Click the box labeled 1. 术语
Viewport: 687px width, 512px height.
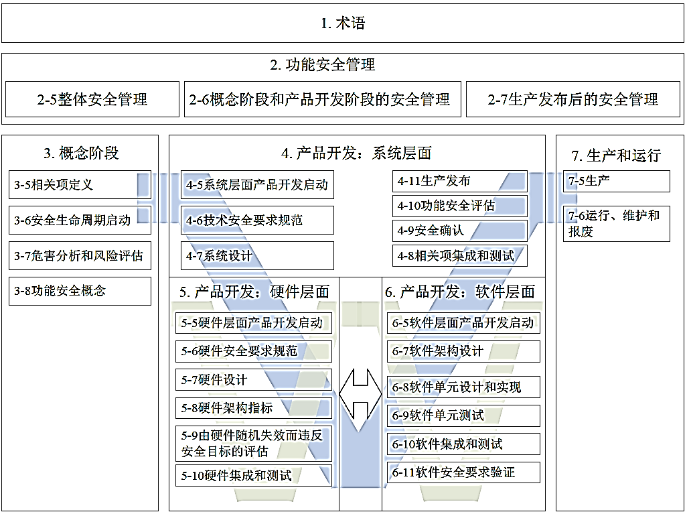pyautogui.click(x=343, y=23)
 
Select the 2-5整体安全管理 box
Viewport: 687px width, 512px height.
pyautogui.click(x=92, y=99)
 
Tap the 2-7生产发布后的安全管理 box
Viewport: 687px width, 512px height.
pyautogui.click(x=573, y=99)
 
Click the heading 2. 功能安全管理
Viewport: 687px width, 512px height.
pyautogui.click(x=323, y=65)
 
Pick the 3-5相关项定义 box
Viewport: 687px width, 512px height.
pyautogui.click(x=80, y=184)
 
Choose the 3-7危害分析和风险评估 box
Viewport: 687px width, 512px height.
pyautogui.click(x=80, y=255)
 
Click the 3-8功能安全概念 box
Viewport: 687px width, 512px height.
pyautogui.click(x=80, y=291)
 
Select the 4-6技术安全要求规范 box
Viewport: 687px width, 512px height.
pyautogui.click(x=257, y=220)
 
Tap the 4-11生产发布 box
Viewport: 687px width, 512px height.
pyautogui.click(x=459, y=181)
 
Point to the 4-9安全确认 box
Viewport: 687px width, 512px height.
pyautogui.click(x=459, y=231)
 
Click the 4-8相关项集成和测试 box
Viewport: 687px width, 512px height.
pyautogui.click(x=459, y=255)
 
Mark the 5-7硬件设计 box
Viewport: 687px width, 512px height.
pyautogui.click(x=254, y=379)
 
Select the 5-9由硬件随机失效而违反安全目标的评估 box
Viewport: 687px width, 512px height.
pyautogui.click(x=254, y=443)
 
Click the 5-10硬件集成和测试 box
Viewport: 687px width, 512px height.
pyautogui.click(x=254, y=476)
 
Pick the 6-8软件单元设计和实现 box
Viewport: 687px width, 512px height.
pyautogui.click(x=463, y=387)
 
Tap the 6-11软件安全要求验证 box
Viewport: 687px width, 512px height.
pyautogui.click(x=463, y=472)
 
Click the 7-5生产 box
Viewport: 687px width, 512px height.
pyautogui.click(x=617, y=181)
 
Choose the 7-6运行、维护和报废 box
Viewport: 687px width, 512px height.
pyautogui.click(x=617, y=224)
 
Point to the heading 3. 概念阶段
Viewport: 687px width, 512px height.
pyautogui.click(x=81, y=153)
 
